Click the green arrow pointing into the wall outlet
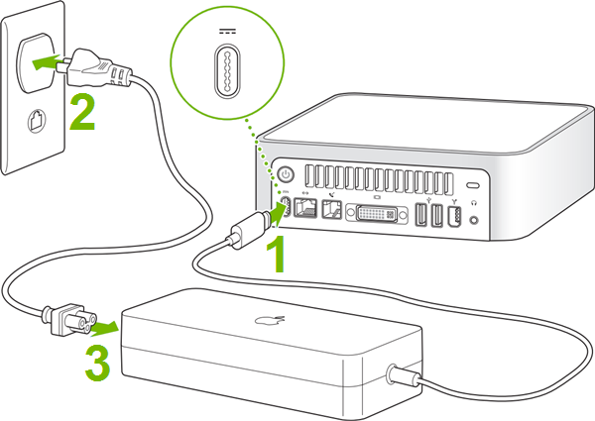(x=44, y=63)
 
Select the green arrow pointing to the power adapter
(x=100, y=324)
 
